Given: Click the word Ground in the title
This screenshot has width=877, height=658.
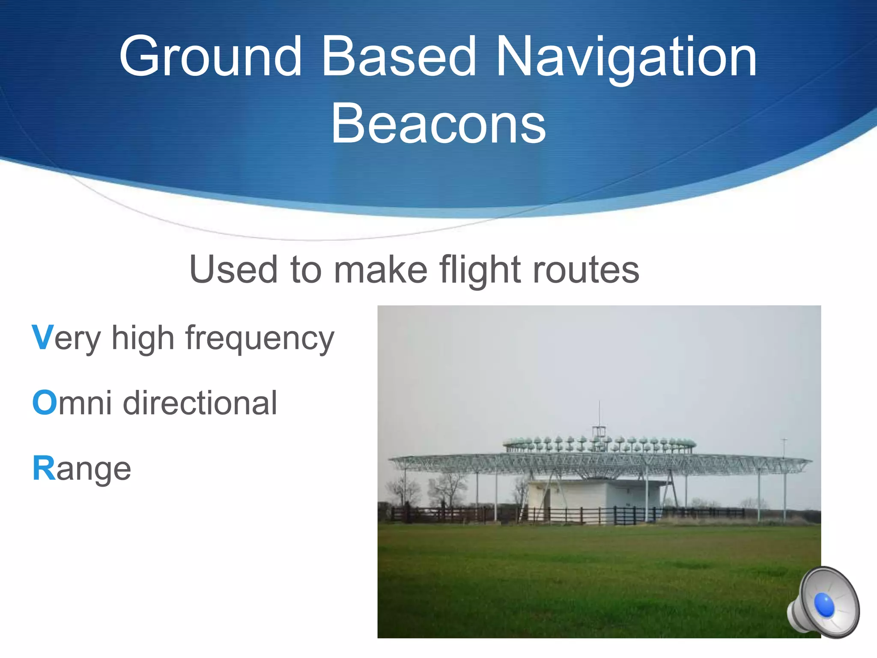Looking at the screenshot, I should pos(211,57).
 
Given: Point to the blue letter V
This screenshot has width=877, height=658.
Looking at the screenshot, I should pos(42,338).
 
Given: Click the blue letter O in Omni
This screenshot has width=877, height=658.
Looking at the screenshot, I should pos(44,403).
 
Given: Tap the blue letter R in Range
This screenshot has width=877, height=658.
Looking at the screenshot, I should pos(44,468).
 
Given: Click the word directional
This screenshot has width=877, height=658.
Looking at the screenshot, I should pos(200,403).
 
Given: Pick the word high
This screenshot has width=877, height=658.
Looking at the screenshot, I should pos(143,338).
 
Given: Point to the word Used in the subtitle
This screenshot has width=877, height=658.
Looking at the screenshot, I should pos(234,270).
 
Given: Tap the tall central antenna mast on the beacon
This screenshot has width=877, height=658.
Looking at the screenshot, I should pos(599,418).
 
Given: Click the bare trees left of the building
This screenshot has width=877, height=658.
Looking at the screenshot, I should pos(447,488).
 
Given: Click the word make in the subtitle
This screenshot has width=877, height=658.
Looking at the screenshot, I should pos(381,270).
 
